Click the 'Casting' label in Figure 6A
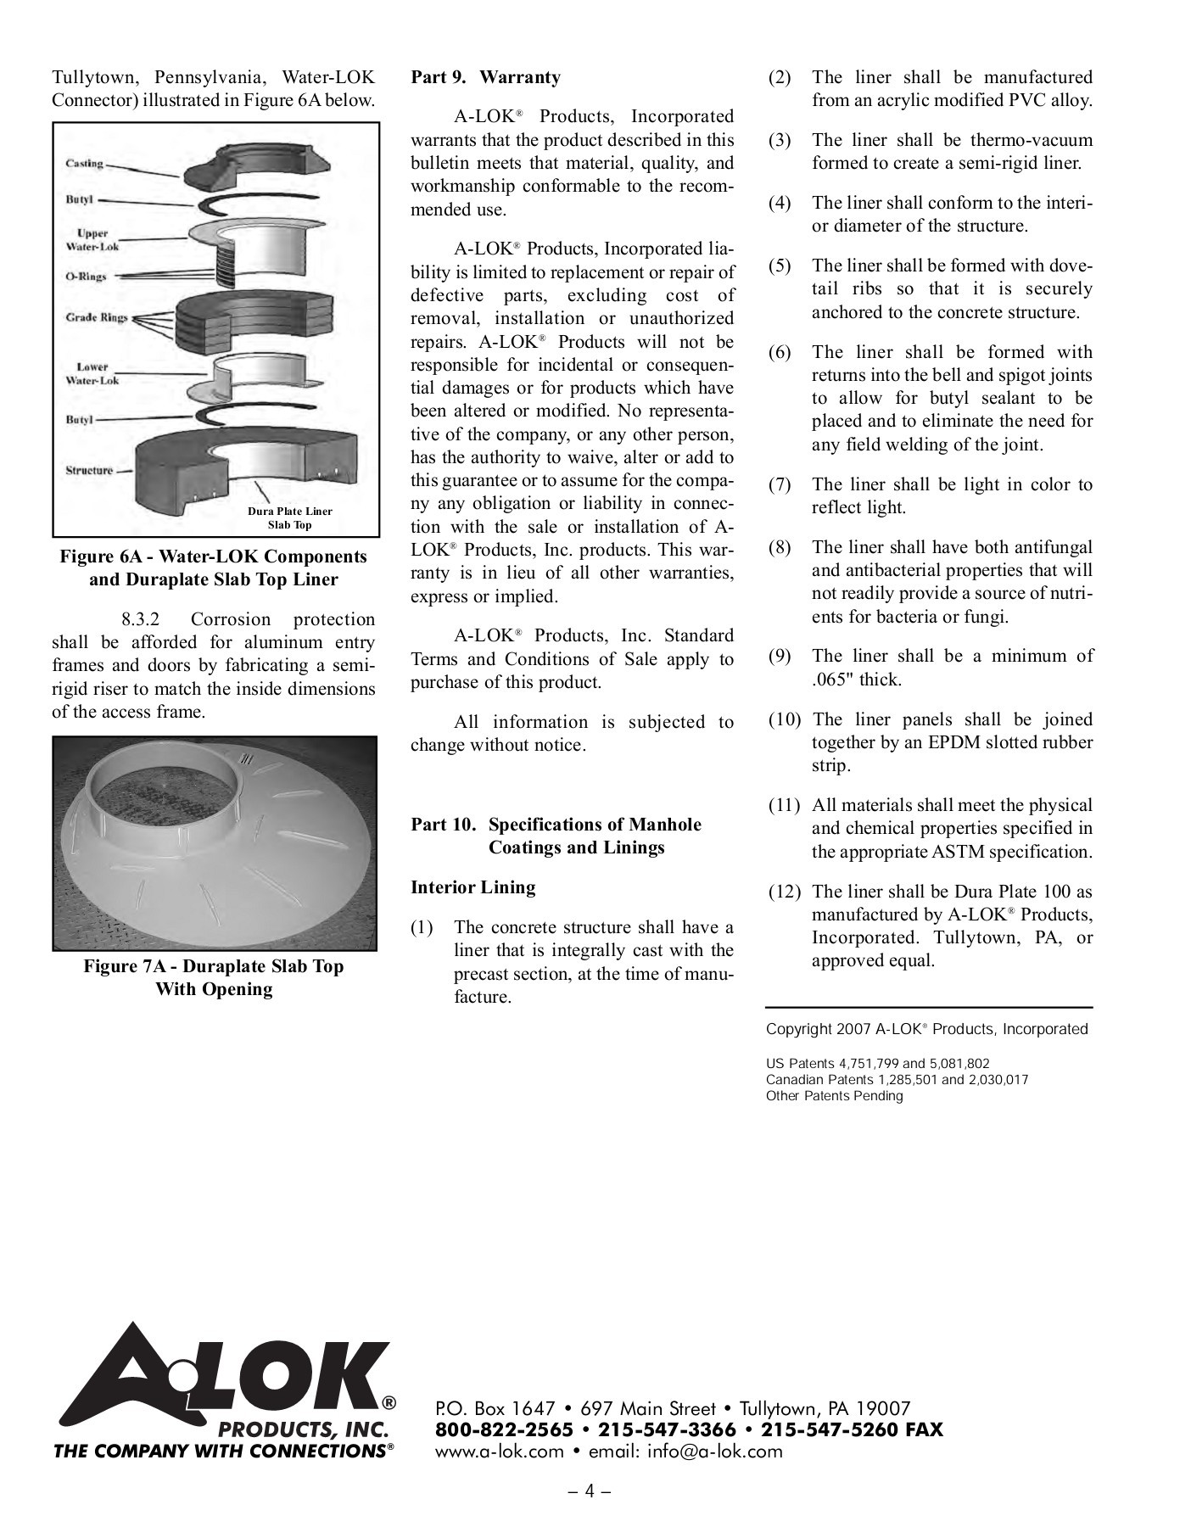85,163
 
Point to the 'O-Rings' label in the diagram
87,276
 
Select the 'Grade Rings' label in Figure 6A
97,317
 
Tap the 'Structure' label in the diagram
89,470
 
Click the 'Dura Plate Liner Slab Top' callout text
290,518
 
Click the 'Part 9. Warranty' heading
486,77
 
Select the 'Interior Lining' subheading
473,887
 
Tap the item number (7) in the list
780,484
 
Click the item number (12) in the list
785,892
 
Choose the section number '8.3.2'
141,619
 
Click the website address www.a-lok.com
500,1451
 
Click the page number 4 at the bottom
590,1491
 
